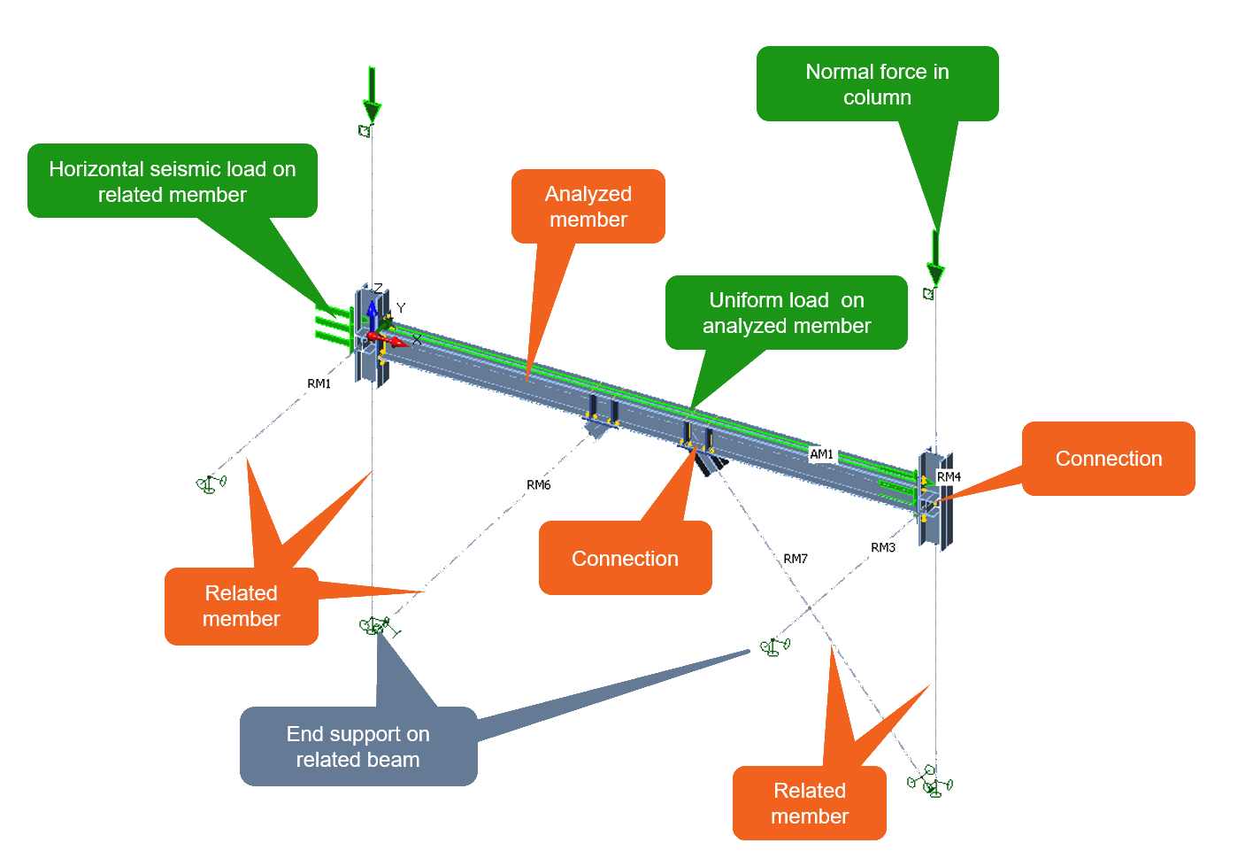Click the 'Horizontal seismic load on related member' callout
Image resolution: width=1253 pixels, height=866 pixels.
tap(173, 182)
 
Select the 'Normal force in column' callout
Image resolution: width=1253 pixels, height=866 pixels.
tap(877, 84)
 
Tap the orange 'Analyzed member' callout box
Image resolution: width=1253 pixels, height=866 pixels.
tap(588, 206)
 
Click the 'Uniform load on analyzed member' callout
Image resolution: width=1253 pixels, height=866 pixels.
tap(787, 313)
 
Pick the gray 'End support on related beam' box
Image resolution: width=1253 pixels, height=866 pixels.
tap(358, 746)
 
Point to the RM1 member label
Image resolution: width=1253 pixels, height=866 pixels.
tap(319, 383)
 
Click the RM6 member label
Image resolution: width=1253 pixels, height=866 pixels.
tap(538, 484)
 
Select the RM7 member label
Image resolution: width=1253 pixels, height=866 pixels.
tap(795, 559)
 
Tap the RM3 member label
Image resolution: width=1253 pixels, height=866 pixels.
tap(882, 547)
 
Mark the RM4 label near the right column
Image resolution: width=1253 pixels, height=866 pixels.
tap(949, 476)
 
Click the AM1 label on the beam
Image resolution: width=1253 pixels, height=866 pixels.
tap(821, 454)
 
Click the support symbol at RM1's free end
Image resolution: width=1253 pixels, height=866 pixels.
tap(210, 484)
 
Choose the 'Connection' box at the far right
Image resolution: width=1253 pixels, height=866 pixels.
tap(1109, 459)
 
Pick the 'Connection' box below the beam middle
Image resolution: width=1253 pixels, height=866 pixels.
tap(625, 558)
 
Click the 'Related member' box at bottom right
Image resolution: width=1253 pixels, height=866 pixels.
tap(810, 803)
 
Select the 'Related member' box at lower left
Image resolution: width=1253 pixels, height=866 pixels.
tap(242, 607)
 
